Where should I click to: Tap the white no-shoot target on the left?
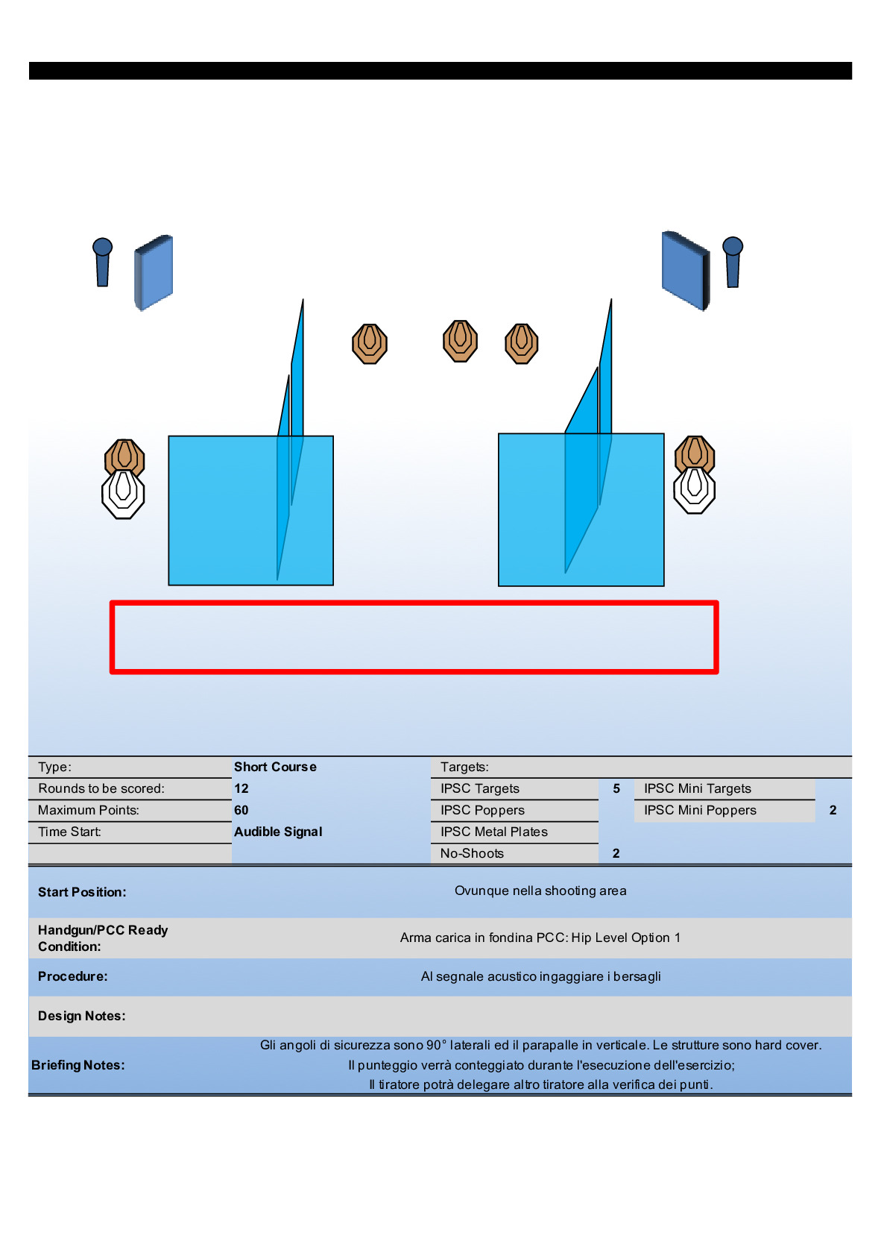point(123,494)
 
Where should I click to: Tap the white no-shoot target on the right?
point(694,489)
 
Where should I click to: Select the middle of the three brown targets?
point(460,342)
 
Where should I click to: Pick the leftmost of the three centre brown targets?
point(370,344)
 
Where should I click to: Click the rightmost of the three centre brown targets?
point(522,344)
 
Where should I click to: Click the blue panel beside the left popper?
point(154,272)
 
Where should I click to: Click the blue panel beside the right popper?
point(685,271)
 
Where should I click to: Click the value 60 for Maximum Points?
point(242,810)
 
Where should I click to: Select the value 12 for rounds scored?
point(242,788)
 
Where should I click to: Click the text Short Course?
point(275,767)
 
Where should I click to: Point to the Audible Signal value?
point(278,832)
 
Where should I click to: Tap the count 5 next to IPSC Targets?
point(616,788)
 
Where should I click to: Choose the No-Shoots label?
point(472,853)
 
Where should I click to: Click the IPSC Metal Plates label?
point(493,832)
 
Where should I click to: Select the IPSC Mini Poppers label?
point(700,810)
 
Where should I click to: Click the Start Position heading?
point(82,892)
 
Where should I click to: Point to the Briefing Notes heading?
point(78,1065)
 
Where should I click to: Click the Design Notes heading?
point(82,1016)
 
